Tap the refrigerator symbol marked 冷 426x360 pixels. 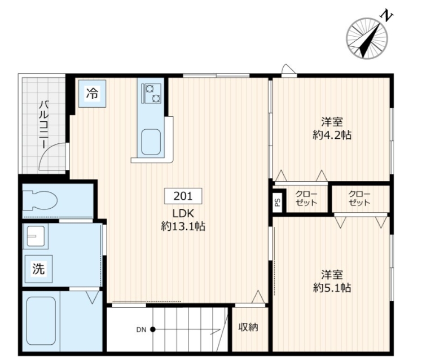click(x=92, y=94)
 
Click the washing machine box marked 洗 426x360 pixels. click(x=38, y=269)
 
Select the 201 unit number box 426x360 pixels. click(x=183, y=196)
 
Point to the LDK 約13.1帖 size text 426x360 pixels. click(x=183, y=220)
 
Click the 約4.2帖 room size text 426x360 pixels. click(x=332, y=135)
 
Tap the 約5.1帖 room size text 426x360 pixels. click(x=332, y=288)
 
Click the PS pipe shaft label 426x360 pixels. click(x=278, y=202)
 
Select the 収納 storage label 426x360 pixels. click(x=248, y=327)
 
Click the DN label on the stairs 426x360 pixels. click(x=141, y=330)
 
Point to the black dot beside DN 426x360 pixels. click(x=153, y=330)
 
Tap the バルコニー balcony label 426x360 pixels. click(x=44, y=125)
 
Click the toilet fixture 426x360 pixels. click(x=40, y=200)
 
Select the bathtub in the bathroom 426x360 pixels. click(x=41, y=321)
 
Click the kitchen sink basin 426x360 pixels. click(x=151, y=142)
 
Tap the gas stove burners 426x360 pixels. click(x=151, y=93)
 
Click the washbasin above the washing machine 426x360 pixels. click(x=36, y=236)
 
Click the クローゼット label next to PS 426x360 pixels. click(x=306, y=199)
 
